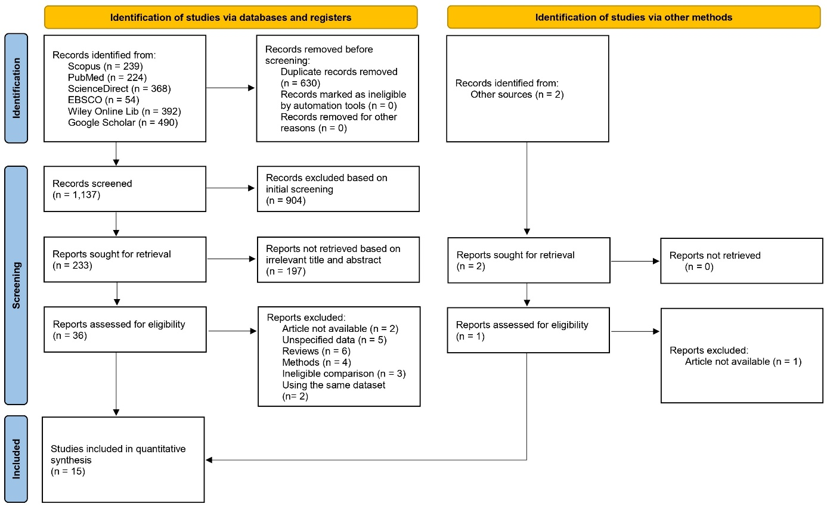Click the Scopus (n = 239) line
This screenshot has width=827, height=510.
coord(105,66)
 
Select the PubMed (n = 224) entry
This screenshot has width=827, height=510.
coord(107,77)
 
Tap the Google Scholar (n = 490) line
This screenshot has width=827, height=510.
coord(123,123)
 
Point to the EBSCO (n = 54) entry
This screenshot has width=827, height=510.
coord(103,100)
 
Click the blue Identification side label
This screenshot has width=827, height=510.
coord(16,88)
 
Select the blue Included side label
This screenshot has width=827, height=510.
coord(16,459)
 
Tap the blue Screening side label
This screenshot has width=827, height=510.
coord(16,285)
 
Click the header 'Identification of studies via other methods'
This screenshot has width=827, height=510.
coord(634,17)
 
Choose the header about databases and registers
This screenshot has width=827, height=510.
coord(231,17)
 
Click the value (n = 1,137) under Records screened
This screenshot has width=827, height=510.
coord(76,195)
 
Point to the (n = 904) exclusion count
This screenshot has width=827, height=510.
coord(286,200)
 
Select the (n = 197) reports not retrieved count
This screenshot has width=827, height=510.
coord(286,271)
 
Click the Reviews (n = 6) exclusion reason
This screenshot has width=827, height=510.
coord(317,351)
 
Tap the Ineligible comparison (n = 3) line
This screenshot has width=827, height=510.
coord(344,374)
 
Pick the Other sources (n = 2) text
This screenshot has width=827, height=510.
coord(517,95)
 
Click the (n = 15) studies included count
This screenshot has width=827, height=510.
coord(68,471)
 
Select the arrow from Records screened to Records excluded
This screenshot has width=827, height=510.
coord(230,188)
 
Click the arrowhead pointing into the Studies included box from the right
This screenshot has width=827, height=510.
coord(209,460)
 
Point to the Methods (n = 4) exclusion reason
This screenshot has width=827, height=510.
coord(317,362)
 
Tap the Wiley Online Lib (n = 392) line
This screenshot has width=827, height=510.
coord(125,111)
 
